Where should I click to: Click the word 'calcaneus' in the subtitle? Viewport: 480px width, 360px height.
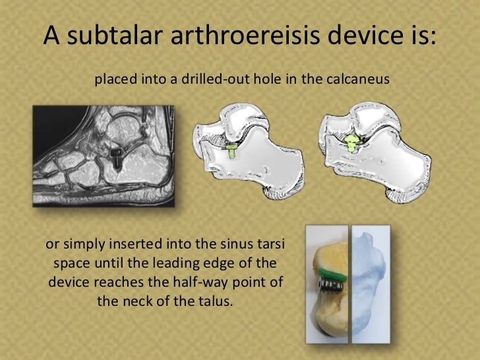359,80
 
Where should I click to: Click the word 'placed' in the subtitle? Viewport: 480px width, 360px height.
117,80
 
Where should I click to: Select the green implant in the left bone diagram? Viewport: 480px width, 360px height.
231,150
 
